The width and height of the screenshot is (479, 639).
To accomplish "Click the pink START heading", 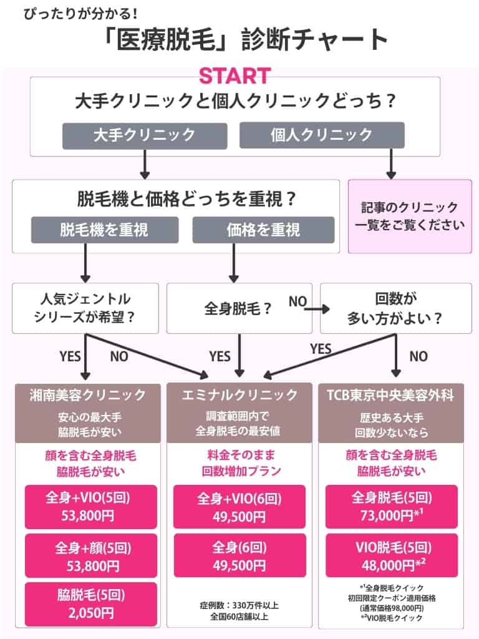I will point(235,76).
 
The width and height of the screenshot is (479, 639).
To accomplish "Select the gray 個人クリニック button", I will point(322,135).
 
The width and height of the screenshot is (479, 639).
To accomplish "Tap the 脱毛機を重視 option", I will point(104,230).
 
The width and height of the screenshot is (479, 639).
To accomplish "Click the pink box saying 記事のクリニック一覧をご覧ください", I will point(409,217).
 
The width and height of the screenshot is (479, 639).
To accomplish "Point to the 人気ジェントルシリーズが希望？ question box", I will point(84,308).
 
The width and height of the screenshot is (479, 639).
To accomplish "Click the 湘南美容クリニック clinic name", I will point(87,394).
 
